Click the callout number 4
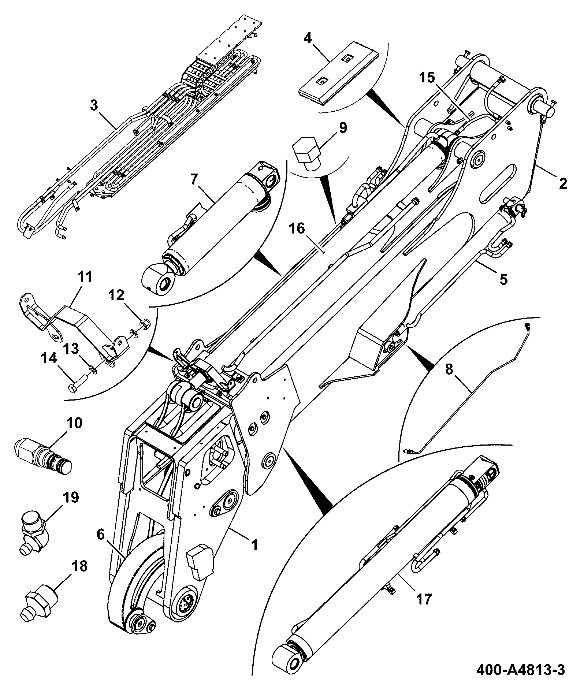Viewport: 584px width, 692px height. point(308,38)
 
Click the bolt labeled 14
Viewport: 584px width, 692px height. point(78,384)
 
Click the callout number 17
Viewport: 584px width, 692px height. point(423,599)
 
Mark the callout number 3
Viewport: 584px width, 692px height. point(94,106)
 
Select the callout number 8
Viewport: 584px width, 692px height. point(449,369)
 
